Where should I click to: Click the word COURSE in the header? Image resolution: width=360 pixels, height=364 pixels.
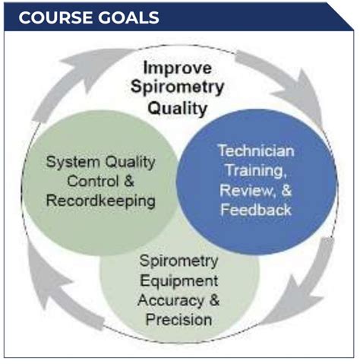pyautogui.click(x=52, y=17)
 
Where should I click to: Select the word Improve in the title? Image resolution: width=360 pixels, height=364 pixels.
pyautogui.click(x=178, y=68)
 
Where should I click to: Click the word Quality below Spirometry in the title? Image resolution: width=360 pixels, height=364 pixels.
pyautogui.click(x=177, y=108)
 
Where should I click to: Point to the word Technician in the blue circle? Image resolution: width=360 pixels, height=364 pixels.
pyautogui.click(x=256, y=152)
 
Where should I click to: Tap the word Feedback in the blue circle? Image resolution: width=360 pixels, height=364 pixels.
pyautogui.click(x=256, y=209)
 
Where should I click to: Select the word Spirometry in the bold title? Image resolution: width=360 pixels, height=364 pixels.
pyautogui.click(x=176, y=87)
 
